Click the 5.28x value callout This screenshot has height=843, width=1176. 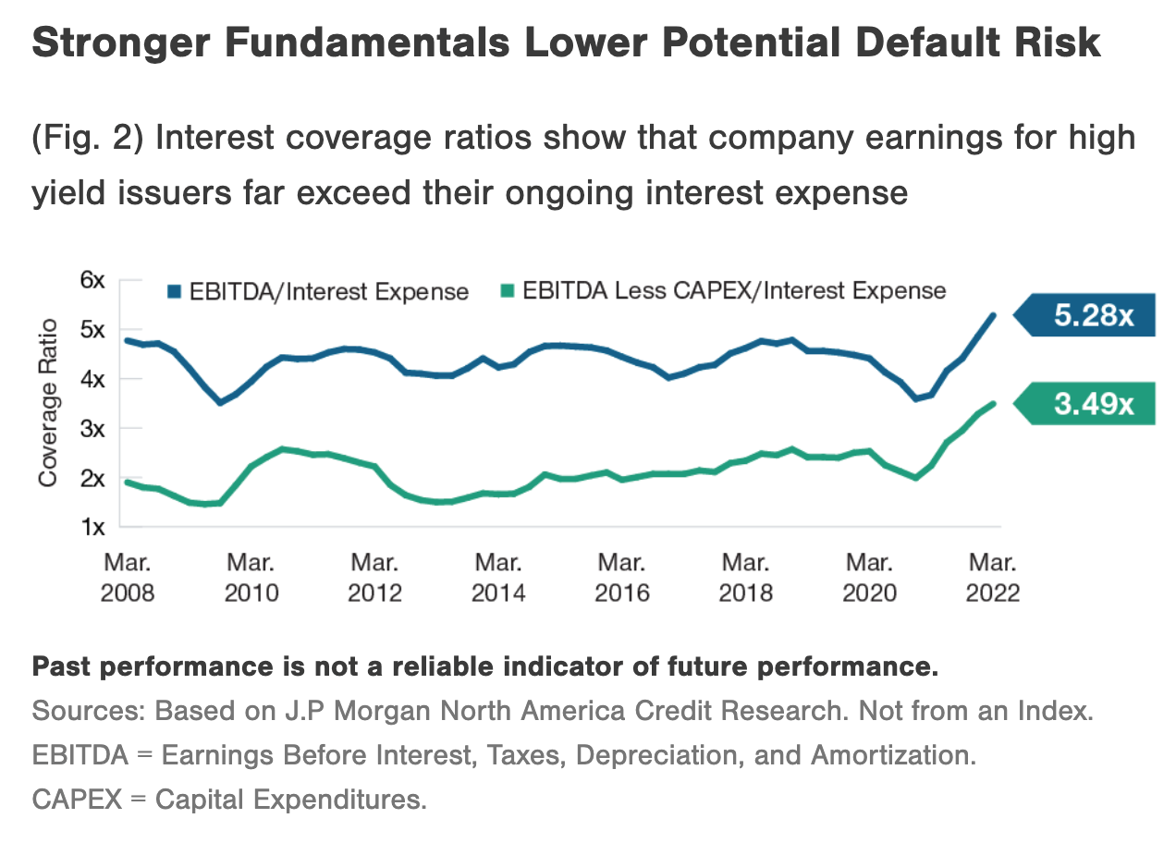pyautogui.click(x=1094, y=316)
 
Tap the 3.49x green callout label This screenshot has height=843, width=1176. pyautogui.click(x=1094, y=405)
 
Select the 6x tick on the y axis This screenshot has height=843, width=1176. pyautogui.click(x=94, y=280)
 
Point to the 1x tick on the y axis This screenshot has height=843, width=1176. pyautogui.click(x=94, y=527)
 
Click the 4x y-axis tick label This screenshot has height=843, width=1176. pyautogui.click(x=94, y=379)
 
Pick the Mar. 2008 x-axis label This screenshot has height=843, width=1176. pyautogui.click(x=127, y=577)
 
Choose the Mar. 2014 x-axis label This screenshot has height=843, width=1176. pyautogui.click(x=498, y=577)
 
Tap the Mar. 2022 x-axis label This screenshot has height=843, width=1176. pyautogui.click(x=992, y=577)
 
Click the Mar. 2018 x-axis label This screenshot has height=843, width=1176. pyautogui.click(x=745, y=577)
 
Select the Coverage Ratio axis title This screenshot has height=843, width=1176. pyautogui.click(x=48, y=402)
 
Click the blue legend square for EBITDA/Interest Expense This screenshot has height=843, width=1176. pyautogui.click(x=173, y=292)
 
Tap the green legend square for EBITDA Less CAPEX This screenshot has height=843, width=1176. pyautogui.click(x=507, y=292)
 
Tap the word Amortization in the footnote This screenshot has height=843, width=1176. pyautogui.click(x=892, y=755)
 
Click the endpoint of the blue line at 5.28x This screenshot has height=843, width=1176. pyautogui.click(x=994, y=315)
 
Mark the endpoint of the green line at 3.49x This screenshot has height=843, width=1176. pyautogui.click(x=994, y=403)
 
